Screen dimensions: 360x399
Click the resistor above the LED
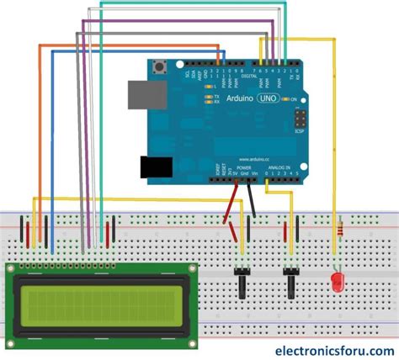tap(338, 227)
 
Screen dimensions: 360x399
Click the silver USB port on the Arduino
tap(138, 94)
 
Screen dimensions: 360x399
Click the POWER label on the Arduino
tap(244, 168)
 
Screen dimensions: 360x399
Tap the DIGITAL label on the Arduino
tap(250, 76)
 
